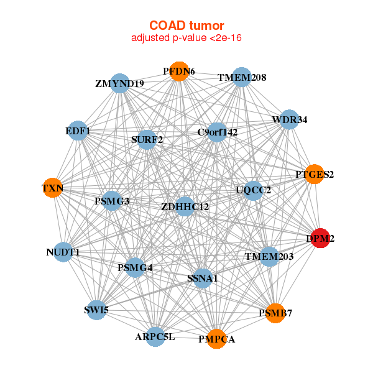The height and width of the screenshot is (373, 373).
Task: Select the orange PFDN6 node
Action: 179,71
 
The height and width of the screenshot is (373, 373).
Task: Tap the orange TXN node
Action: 53,188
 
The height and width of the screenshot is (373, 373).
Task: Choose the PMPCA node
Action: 216,339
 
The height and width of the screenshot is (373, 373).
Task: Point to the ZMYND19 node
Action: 119,83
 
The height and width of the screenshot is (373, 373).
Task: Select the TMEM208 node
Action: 242,78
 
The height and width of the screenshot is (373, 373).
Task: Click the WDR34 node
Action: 289,119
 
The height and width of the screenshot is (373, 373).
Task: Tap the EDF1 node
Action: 78,131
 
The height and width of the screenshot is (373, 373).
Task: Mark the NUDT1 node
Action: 63,252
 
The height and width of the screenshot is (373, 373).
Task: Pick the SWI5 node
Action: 96,310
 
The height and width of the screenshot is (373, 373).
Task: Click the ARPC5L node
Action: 155,337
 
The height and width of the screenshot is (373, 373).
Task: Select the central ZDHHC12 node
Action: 185,206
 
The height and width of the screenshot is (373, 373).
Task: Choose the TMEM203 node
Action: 269,256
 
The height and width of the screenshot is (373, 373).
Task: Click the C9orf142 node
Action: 217,132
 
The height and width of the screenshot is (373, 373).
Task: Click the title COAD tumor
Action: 186,25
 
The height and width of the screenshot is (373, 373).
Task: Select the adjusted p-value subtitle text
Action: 186,38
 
